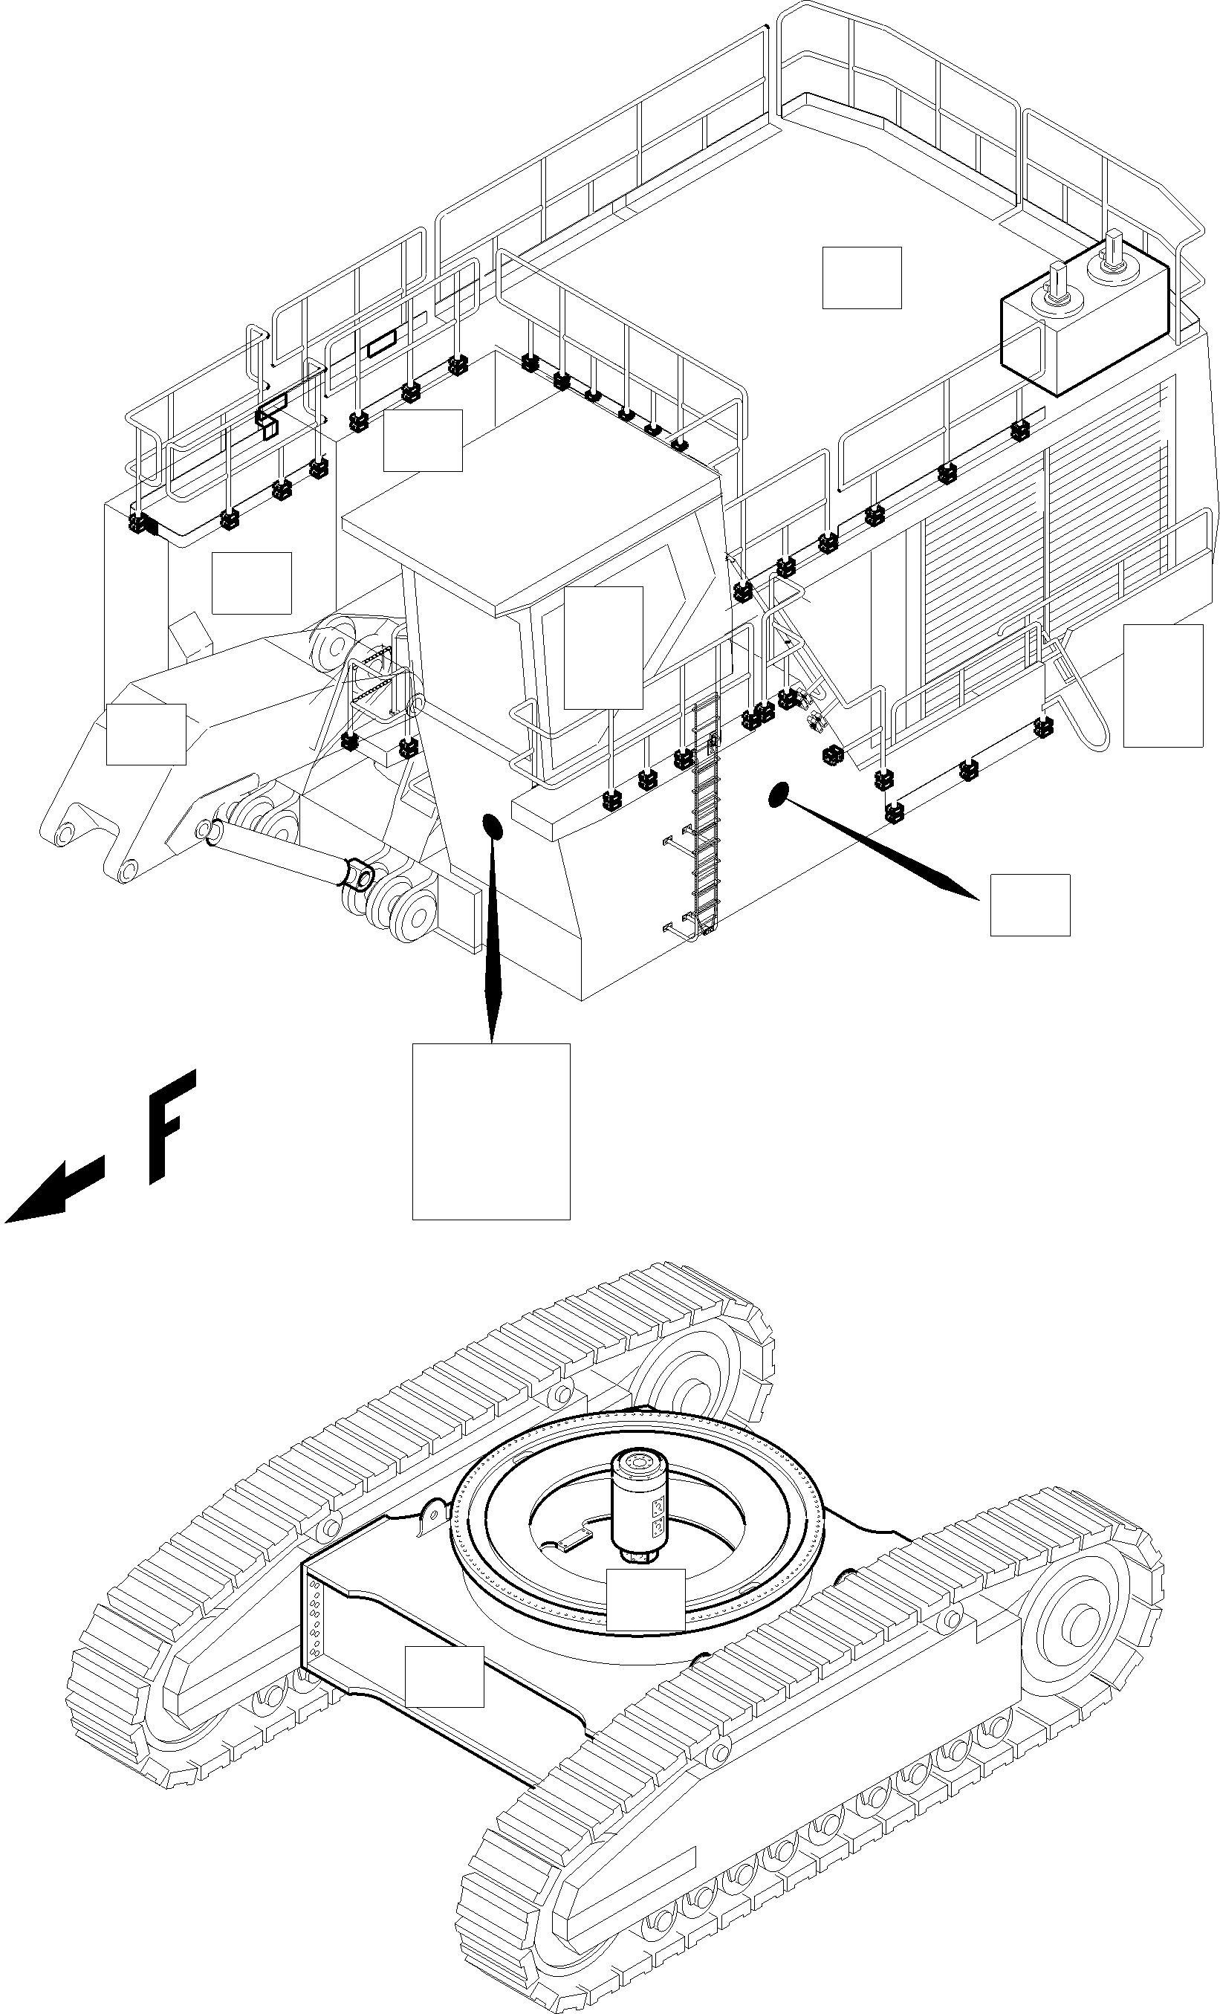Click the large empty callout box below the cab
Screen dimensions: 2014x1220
490,1130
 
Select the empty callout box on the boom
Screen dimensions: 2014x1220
146,734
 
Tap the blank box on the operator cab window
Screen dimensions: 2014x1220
603,647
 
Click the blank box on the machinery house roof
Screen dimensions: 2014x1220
861,277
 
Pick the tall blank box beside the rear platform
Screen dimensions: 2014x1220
1162,685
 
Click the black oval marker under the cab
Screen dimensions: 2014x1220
493,826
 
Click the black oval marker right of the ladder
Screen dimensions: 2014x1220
779,793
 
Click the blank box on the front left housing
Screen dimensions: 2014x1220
251,582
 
